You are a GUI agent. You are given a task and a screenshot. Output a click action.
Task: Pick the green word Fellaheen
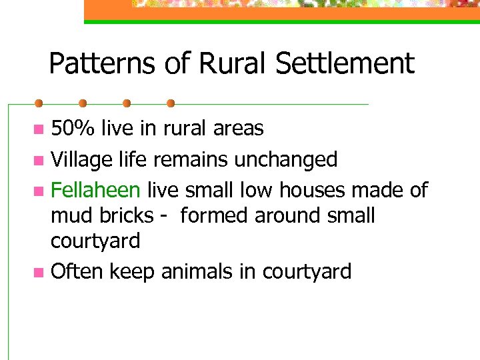[95, 190]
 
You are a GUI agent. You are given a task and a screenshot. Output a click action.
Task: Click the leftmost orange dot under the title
[39, 103]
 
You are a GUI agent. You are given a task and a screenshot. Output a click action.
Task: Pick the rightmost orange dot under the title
[171, 103]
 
